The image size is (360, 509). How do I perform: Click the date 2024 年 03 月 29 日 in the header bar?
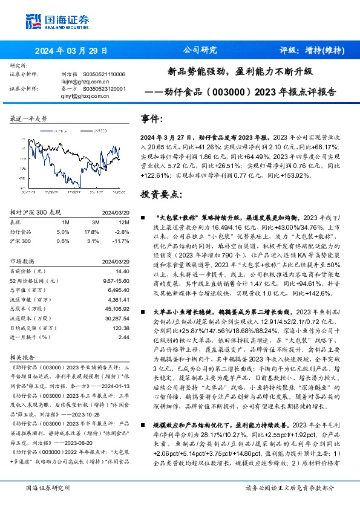point(71,51)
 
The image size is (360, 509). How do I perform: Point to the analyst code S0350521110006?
point(104,74)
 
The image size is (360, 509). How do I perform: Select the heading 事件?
point(152,119)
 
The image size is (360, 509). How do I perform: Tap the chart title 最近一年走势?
point(29,119)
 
